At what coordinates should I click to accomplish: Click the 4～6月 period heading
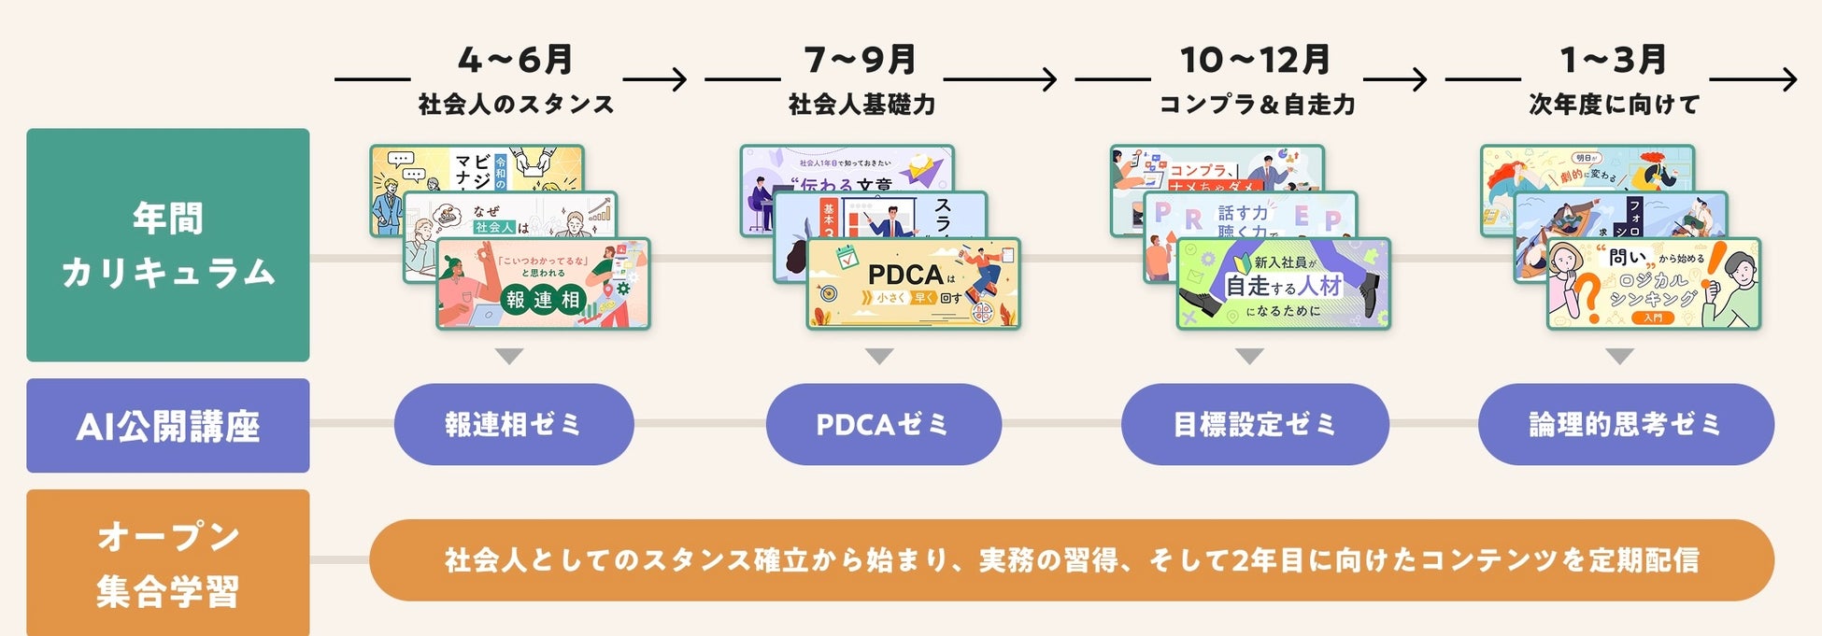tap(515, 60)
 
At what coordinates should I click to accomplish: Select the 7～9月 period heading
tap(861, 60)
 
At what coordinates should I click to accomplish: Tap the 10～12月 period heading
tap(1255, 60)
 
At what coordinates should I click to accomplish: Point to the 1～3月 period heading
tap(1614, 60)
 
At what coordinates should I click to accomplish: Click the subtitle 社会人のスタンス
tap(516, 104)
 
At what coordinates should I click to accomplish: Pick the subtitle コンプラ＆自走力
tap(1257, 104)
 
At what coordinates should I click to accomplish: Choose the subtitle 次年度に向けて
tap(1614, 104)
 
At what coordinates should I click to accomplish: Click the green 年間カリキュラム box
tap(168, 245)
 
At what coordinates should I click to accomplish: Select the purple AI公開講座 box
tap(168, 425)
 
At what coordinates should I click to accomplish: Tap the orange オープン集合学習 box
tap(168, 562)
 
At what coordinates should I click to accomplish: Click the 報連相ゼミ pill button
tap(514, 424)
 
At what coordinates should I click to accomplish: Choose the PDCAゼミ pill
tap(883, 424)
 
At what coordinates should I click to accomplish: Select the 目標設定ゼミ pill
tap(1255, 424)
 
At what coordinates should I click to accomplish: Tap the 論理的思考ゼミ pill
tap(1625, 424)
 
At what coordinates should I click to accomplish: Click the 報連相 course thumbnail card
tap(543, 284)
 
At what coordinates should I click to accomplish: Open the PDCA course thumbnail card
tap(913, 284)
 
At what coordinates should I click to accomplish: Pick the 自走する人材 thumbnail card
tap(1283, 284)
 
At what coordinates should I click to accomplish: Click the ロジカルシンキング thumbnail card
tap(1653, 284)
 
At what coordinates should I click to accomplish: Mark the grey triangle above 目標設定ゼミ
tap(1249, 356)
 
